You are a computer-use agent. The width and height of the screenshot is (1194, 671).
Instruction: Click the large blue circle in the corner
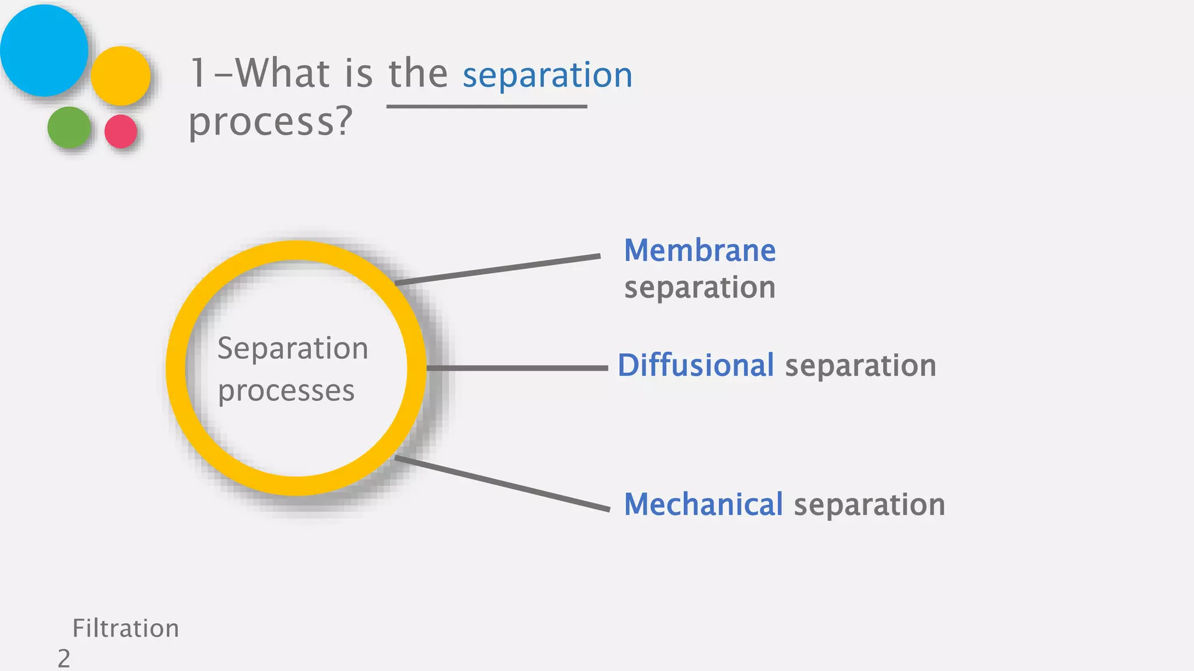44,50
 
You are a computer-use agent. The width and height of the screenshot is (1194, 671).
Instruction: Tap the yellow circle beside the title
121,76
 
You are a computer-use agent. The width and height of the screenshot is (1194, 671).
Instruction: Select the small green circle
69,127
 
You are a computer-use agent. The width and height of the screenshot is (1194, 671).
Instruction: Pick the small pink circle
121,131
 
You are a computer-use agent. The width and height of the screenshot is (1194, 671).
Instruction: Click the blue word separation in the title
547,76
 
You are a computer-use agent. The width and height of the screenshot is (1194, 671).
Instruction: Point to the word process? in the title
271,122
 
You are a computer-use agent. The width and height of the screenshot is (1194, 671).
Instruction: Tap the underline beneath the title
486,107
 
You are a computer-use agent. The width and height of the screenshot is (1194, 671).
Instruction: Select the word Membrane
700,251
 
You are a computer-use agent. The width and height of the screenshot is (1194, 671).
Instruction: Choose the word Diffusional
696,366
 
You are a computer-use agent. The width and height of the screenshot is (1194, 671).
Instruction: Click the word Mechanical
703,504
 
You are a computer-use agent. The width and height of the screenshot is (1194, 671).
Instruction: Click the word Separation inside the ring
293,349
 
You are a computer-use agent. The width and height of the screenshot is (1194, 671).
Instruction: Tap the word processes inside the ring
286,391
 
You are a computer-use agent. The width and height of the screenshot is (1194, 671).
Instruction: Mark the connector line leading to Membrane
497,270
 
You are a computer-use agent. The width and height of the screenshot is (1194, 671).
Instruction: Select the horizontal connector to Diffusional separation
517,368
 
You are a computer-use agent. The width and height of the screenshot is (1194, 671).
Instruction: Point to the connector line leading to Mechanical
502,483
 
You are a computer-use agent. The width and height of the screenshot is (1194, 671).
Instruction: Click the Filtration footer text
125,628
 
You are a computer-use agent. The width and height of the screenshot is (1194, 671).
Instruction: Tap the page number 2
64,659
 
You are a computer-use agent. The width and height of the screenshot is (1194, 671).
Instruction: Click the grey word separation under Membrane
700,288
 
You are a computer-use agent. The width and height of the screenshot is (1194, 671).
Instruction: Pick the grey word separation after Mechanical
869,504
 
